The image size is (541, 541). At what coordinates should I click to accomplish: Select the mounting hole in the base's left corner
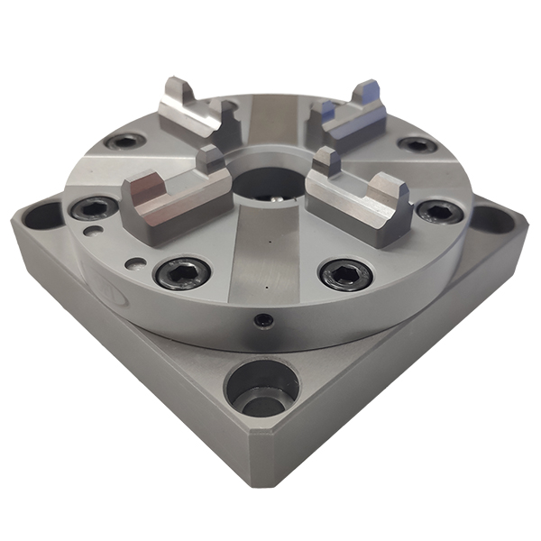(41, 215)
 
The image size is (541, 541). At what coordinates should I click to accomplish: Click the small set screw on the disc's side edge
(261, 320)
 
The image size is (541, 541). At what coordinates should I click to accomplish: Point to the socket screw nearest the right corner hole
(438, 212)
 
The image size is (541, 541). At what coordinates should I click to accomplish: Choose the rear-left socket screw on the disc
(124, 142)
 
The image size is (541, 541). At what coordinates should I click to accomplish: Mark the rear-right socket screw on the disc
(415, 144)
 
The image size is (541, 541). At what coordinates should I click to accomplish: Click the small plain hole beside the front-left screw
(134, 265)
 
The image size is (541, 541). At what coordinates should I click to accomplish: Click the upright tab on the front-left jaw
(208, 161)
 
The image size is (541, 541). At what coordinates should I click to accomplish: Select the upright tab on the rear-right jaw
(368, 94)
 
